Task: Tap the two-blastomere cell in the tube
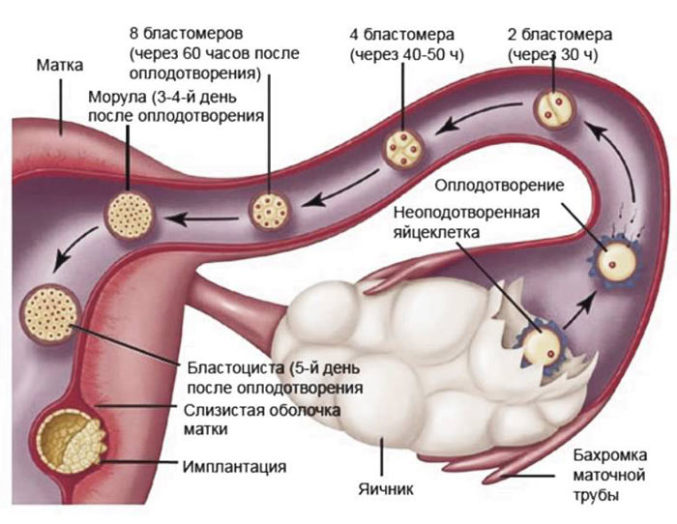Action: click(x=553, y=108)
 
